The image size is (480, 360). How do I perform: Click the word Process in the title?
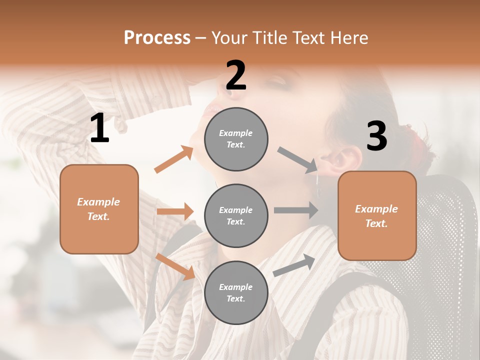(157, 38)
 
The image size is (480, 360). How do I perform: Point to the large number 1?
(99, 128)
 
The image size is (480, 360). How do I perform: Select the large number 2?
(236, 75)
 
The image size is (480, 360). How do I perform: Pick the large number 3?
(376, 136)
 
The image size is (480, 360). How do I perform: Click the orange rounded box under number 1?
(99, 209)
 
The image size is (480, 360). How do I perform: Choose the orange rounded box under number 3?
(377, 215)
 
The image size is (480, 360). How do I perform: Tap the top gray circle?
(236, 138)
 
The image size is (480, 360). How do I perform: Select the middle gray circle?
(236, 215)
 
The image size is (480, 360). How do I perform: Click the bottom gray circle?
(236, 292)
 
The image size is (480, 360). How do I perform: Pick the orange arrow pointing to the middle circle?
(175, 211)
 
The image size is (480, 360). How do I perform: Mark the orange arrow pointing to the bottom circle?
(175, 266)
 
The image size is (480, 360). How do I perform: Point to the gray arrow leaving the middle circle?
(296, 210)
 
